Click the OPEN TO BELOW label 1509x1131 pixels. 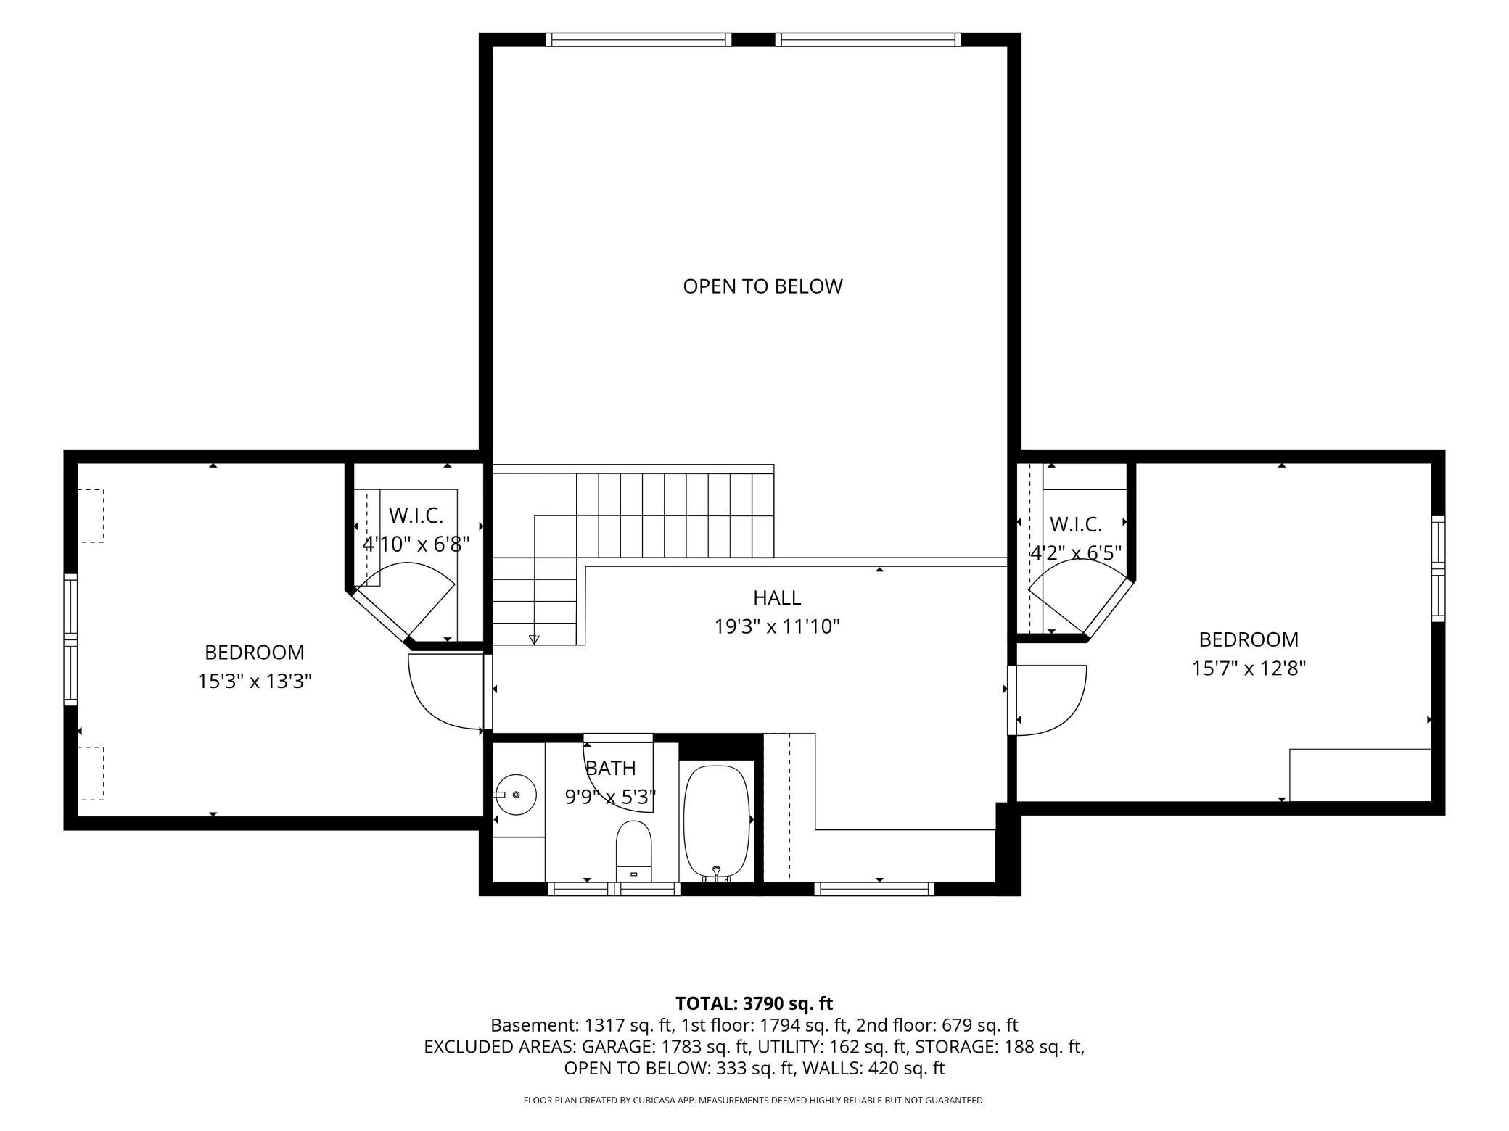point(762,286)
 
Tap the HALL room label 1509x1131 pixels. point(777,597)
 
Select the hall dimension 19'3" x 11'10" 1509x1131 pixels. point(777,626)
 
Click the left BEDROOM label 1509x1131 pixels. point(255,652)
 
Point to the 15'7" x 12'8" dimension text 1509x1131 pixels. point(1249,668)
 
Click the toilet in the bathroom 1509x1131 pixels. point(634,851)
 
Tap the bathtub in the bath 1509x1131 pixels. point(717,823)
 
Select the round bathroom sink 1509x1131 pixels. point(516,795)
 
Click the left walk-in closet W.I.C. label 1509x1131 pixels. point(416,515)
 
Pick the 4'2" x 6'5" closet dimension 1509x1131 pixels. point(1076,552)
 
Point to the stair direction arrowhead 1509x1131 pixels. point(534,639)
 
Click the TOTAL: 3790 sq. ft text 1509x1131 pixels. point(754,1003)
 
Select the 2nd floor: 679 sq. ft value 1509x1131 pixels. point(937,1025)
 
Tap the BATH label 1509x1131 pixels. point(610,768)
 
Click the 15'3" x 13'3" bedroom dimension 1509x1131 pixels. point(255,681)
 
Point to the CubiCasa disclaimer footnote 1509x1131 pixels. point(754,1101)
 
